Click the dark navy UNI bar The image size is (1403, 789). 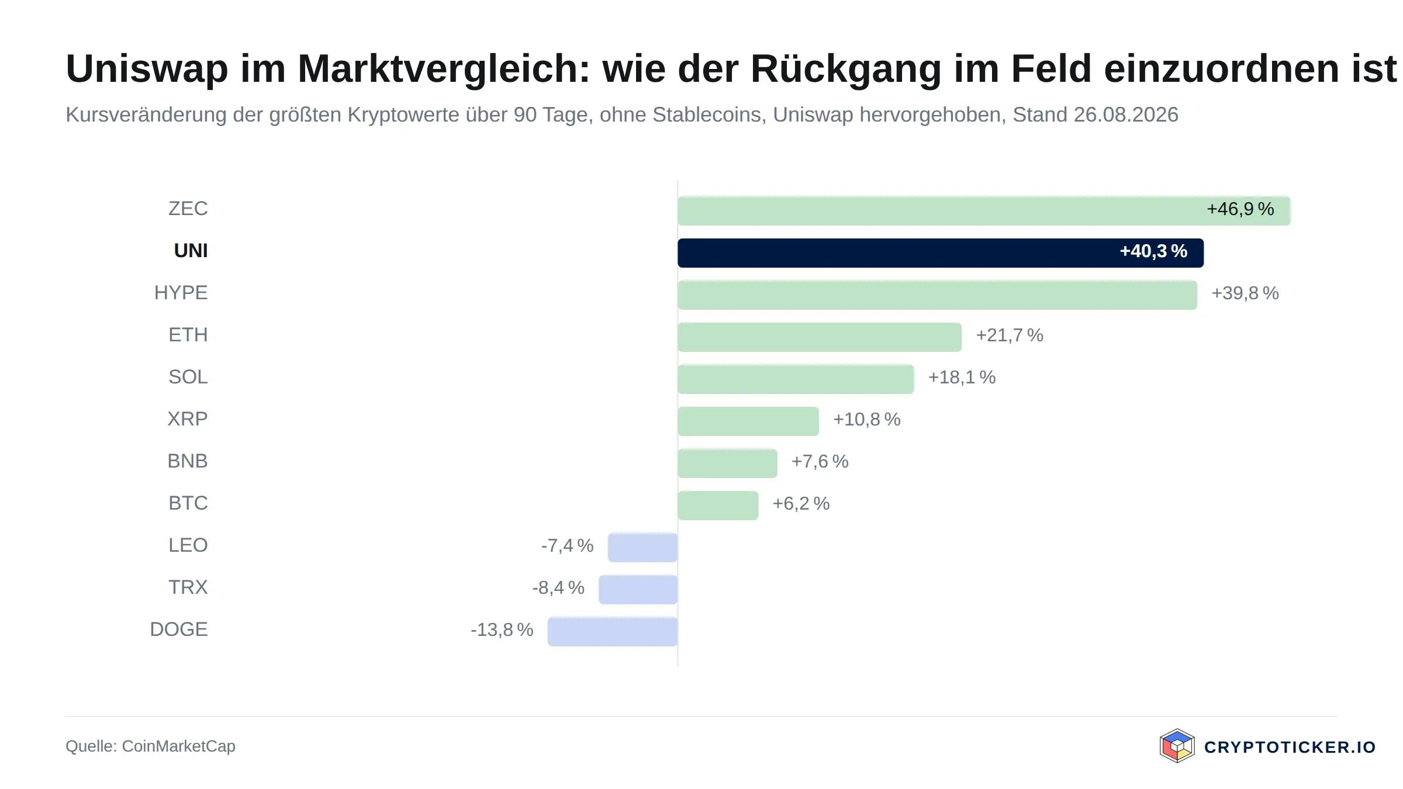coord(941,253)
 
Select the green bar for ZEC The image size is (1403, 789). coord(984,211)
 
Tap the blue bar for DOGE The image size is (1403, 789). coord(613,632)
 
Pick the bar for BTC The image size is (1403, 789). coord(718,506)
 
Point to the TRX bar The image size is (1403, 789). coord(638,590)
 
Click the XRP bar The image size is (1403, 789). coord(748,421)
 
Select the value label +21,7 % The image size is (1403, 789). coord(1010,335)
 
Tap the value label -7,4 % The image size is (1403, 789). coord(567,546)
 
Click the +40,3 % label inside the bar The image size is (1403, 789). coord(1153,251)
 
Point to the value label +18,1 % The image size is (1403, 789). coord(962,378)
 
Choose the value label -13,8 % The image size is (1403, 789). coord(502,630)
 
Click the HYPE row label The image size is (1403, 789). coord(181,293)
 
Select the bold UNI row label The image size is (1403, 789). coord(191,251)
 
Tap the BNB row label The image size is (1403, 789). coord(188,461)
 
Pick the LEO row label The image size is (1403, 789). coord(188,545)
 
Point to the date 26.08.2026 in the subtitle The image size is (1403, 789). coord(1126,115)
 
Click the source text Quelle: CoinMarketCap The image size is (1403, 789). coord(150,746)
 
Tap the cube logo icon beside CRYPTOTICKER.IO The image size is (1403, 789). coord(1177,746)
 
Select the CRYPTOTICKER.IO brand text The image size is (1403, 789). coord(1290,747)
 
